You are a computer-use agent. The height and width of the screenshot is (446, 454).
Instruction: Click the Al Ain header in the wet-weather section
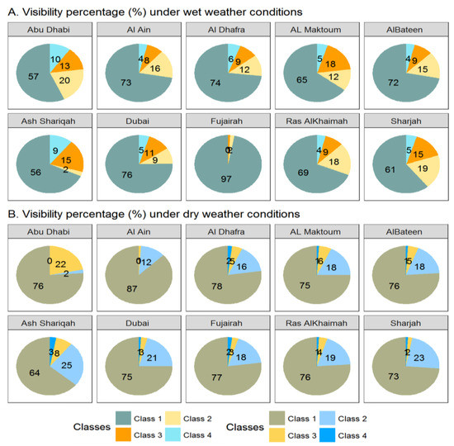pyautogui.click(x=137, y=30)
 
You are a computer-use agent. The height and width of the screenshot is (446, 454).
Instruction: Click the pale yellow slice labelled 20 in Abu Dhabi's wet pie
pyautogui.click(x=63, y=81)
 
